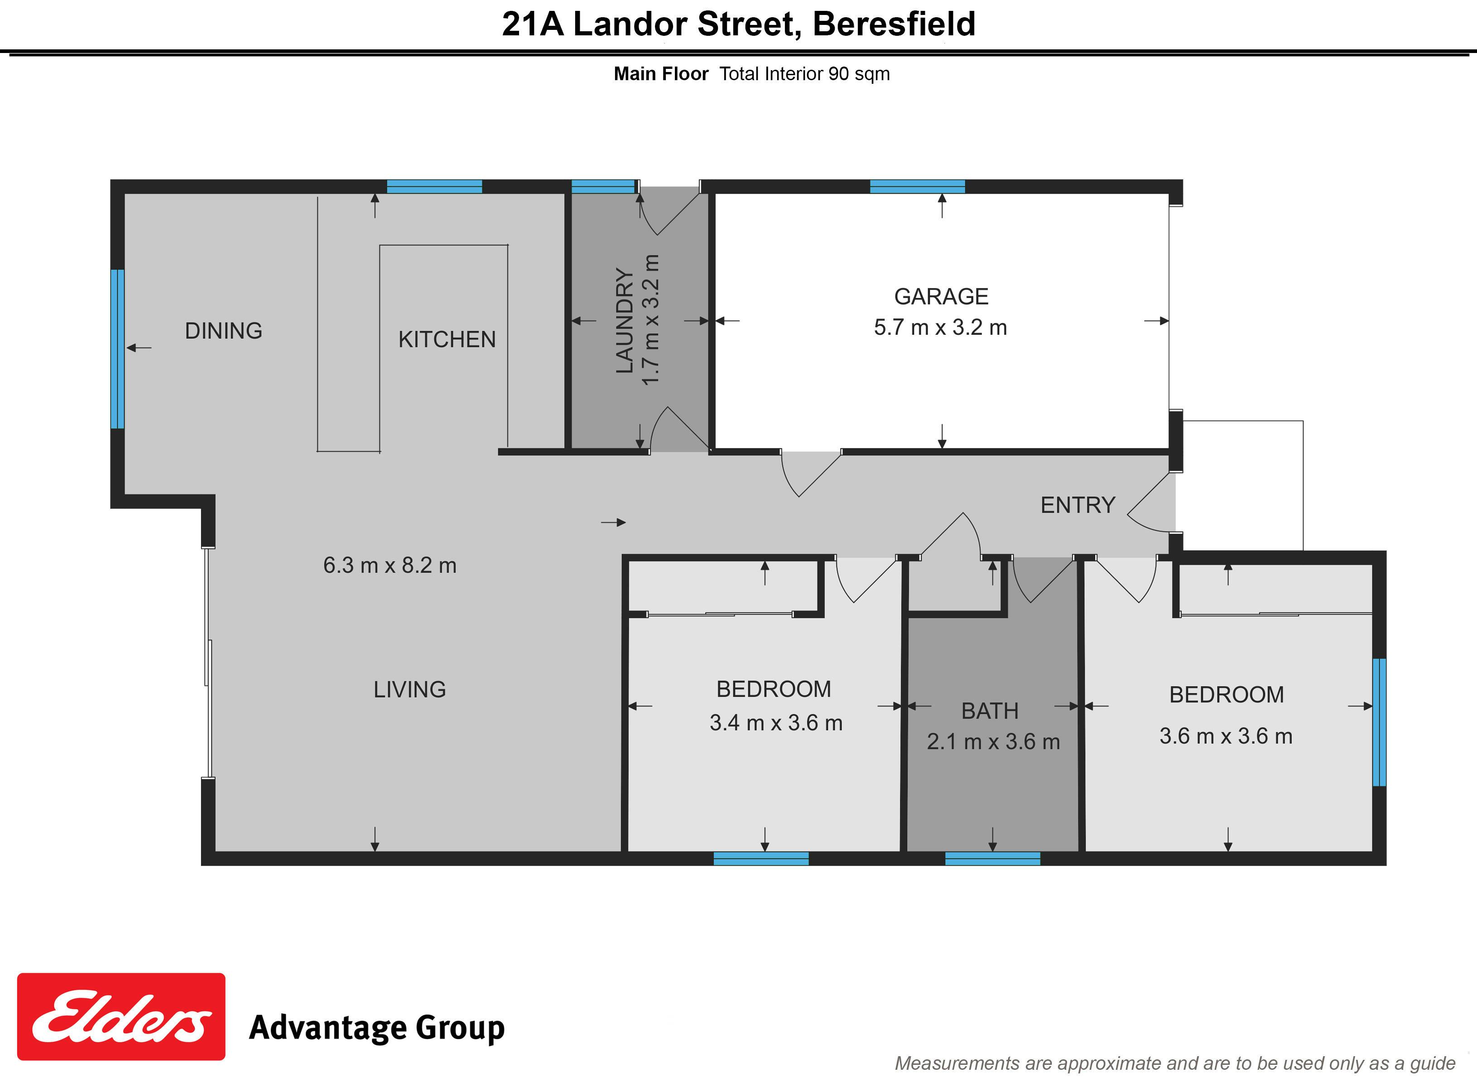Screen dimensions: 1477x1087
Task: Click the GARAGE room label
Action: [941, 297]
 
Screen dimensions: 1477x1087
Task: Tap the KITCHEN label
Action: [447, 340]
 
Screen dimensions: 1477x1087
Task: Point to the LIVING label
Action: [409, 690]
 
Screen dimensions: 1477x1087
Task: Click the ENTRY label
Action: [1078, 505]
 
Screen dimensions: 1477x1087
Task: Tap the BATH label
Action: [990, 711]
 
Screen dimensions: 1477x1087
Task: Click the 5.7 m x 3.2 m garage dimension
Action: [940, 327]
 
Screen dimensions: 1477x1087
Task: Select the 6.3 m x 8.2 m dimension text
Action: [390, 565]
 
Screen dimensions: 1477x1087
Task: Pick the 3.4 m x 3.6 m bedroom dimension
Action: [776, 723]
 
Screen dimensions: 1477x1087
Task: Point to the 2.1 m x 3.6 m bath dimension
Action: [993, 742]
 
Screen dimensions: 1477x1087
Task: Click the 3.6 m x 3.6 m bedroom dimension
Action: [1226, 736]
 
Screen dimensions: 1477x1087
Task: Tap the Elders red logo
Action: [121, 1017]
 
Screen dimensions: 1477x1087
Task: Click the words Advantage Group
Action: [376, 1028]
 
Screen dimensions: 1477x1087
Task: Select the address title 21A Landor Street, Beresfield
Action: [738, 24]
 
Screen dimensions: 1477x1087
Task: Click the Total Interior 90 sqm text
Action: [804, 74]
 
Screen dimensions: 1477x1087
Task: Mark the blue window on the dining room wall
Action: [117, 349]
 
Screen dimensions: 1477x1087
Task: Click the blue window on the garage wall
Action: [917, 186]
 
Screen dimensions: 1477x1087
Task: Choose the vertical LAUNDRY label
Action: [624, 321]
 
